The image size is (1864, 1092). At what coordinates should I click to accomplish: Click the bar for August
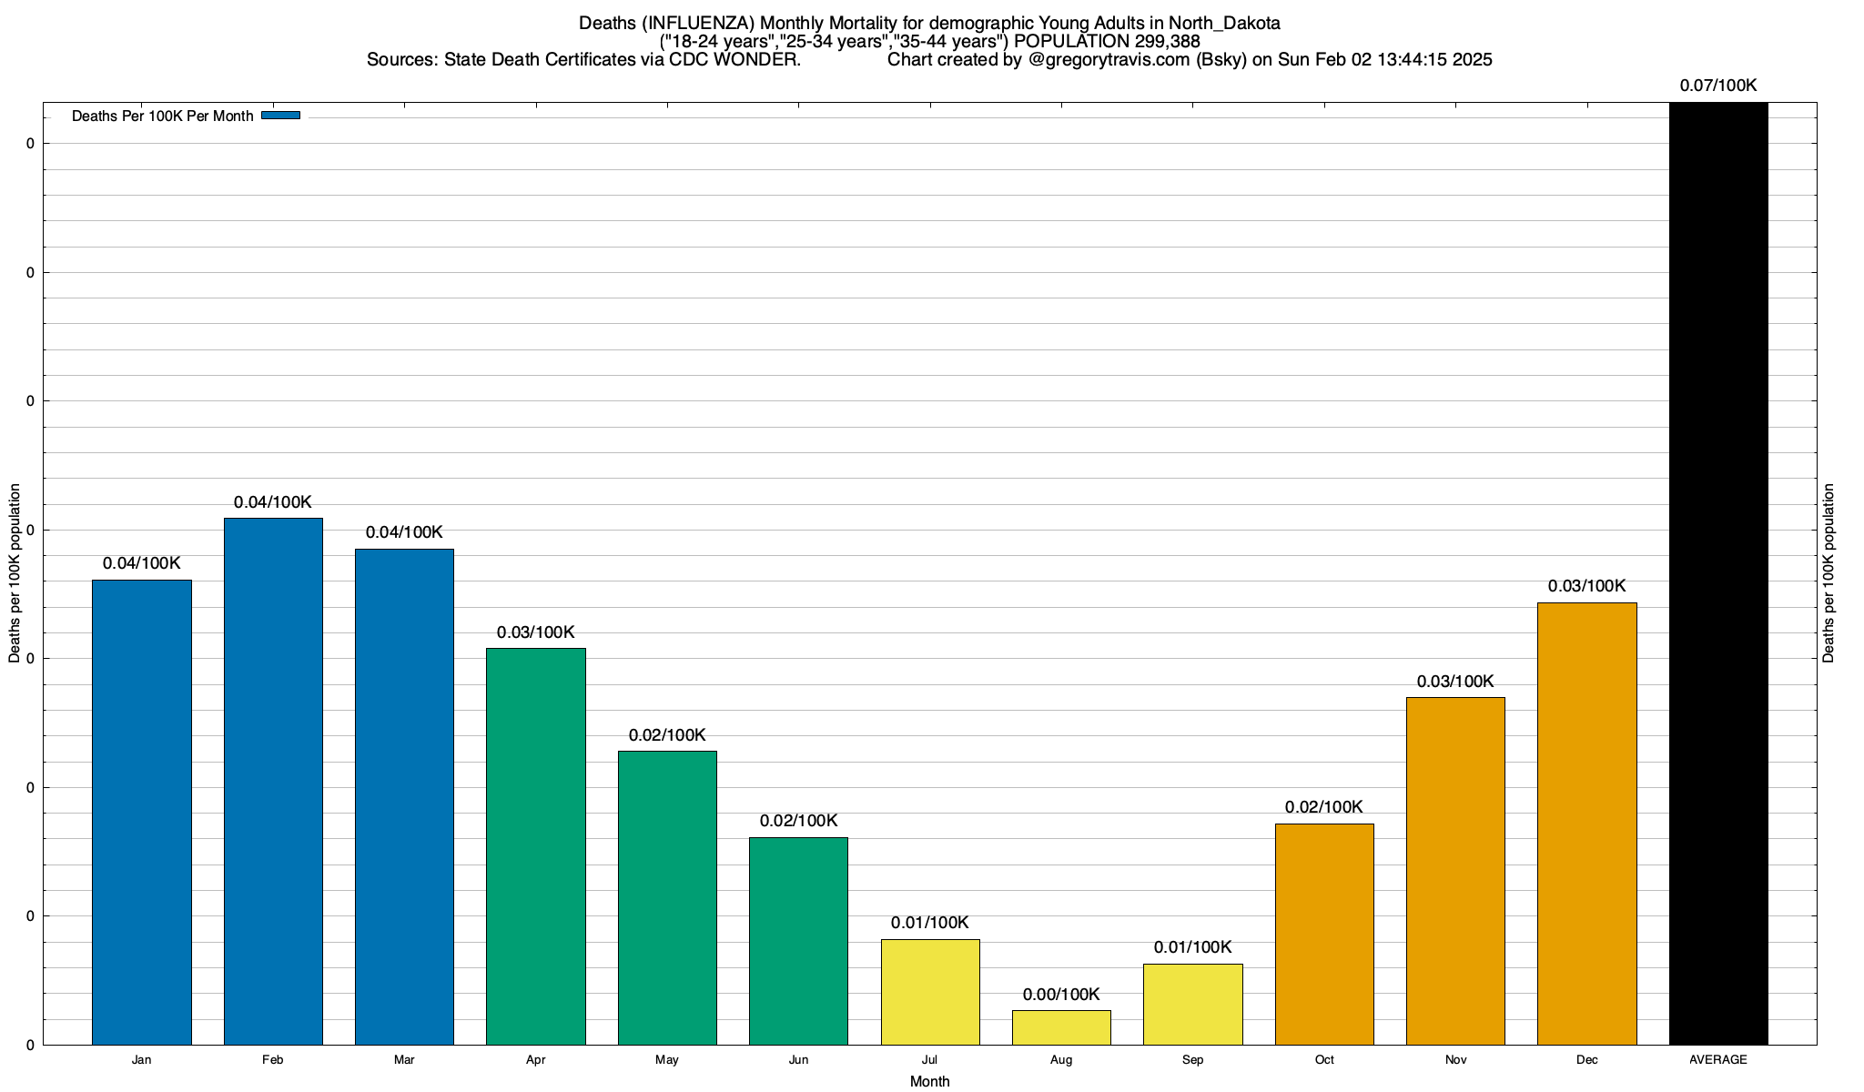[1061, 1027]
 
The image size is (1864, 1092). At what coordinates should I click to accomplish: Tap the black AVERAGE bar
[1718, 573]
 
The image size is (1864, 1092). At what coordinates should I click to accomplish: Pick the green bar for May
[667, 897]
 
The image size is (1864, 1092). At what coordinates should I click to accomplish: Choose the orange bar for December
[1586, 824]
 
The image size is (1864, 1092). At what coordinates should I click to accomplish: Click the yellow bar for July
[930, 992]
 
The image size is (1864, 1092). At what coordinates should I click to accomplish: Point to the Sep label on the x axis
[1192, 1060]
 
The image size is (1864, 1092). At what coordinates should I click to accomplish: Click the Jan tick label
[141, 1060]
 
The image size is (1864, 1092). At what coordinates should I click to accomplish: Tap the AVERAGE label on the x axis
[1718, 1060]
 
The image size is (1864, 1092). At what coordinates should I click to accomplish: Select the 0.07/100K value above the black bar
[1718, 86]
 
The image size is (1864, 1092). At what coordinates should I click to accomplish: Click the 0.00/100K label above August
[1061, 995]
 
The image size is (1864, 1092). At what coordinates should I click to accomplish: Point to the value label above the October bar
[1324, 807]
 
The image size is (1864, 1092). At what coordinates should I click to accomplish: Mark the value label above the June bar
[798, 821]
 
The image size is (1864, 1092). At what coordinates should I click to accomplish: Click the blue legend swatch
[280, 116]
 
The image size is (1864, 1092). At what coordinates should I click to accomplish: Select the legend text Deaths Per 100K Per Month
[162, 116]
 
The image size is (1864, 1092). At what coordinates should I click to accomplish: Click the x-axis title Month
[929, 1081]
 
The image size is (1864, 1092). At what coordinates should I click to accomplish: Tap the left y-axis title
[15, 573]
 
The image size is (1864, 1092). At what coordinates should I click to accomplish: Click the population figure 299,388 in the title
[1167, 42]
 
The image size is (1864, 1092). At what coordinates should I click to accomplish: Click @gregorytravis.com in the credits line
[1109, 60]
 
